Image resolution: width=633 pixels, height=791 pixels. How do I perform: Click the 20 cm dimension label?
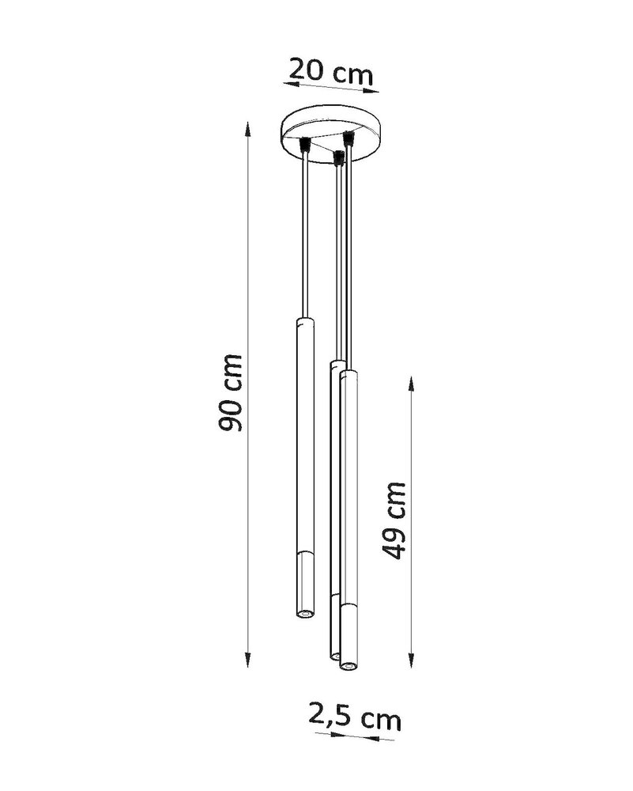click(x=330, y=71)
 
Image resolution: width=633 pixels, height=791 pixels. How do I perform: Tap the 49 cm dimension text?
click(x=393, y=519)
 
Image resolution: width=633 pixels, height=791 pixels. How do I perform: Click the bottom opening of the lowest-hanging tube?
click(x=345, y=667)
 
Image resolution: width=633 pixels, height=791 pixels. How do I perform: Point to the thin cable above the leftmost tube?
click(x=304, y=237)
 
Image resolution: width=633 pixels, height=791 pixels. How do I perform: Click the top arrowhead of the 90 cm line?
click(x=250, y=127)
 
